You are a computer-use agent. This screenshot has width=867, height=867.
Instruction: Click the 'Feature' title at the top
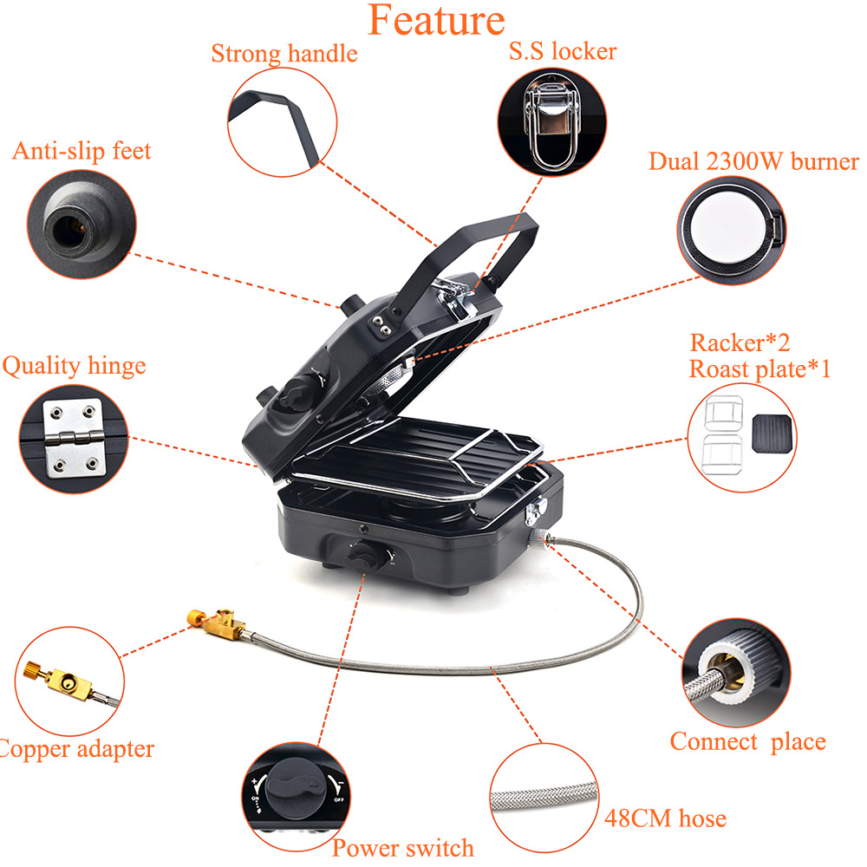pos(436,19)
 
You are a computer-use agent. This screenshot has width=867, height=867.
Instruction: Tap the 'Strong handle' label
pos(284,54)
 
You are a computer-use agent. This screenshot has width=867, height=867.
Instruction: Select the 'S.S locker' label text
pos(562,51)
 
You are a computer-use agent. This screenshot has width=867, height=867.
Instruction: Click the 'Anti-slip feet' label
pos(81,151)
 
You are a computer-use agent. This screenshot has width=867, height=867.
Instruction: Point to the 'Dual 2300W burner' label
pos(753,162)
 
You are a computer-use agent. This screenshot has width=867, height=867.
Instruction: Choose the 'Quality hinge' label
pos(74,366)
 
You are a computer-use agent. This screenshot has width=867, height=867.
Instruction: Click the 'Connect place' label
pos(747,742)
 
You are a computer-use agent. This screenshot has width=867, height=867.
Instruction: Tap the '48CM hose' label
pos(664,818)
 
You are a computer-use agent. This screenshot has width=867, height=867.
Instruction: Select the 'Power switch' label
pos(403,847)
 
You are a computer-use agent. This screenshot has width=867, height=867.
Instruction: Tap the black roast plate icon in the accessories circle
pos(772,431)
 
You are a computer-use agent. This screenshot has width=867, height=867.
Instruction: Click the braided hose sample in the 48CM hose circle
pos(544,795)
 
